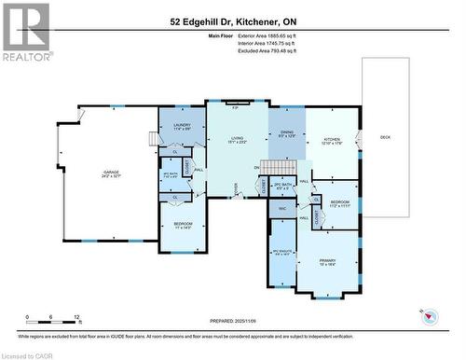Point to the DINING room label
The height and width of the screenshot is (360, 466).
click(285, 133)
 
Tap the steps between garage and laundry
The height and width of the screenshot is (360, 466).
click(153, 139)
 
